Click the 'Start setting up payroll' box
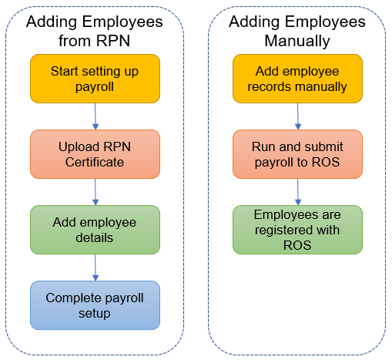95,79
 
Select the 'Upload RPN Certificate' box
95,154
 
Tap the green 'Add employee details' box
95,230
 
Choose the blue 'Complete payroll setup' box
95,305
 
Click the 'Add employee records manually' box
297,79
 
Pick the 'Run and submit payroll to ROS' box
297,154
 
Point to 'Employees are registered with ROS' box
297,230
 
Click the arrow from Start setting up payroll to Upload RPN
95,116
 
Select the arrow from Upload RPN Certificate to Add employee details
95,192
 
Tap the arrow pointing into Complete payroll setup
95,267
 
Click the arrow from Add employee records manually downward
298,116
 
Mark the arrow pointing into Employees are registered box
298,192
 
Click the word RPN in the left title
113,41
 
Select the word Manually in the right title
297,42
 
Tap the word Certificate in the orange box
95,162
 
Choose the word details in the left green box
95,237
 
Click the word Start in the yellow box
64,71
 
